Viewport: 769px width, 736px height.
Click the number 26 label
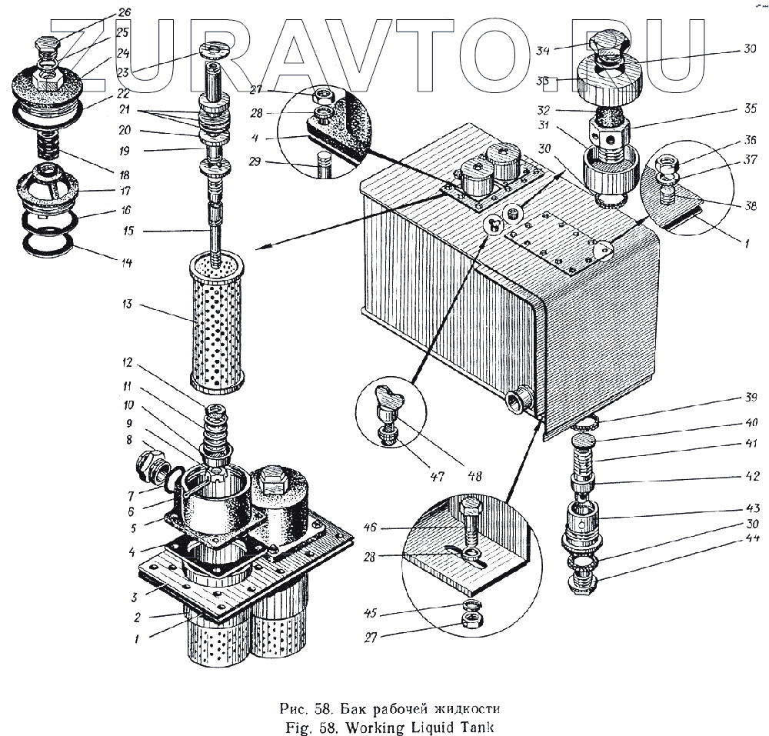pos(125,12)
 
